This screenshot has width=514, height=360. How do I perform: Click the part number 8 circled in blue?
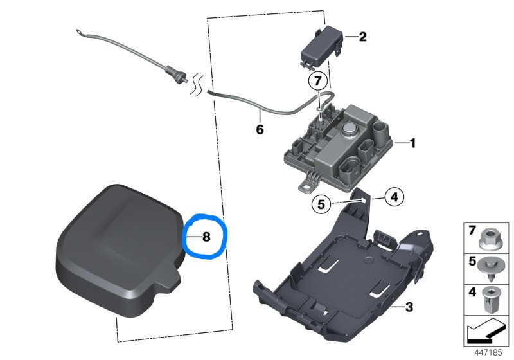[x=206, y=237]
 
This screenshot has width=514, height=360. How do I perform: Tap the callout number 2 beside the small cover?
[x=362, y=37]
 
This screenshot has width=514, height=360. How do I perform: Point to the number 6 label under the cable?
[x=260, y=129]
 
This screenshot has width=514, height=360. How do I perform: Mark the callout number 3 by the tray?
[x=409, y=308]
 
